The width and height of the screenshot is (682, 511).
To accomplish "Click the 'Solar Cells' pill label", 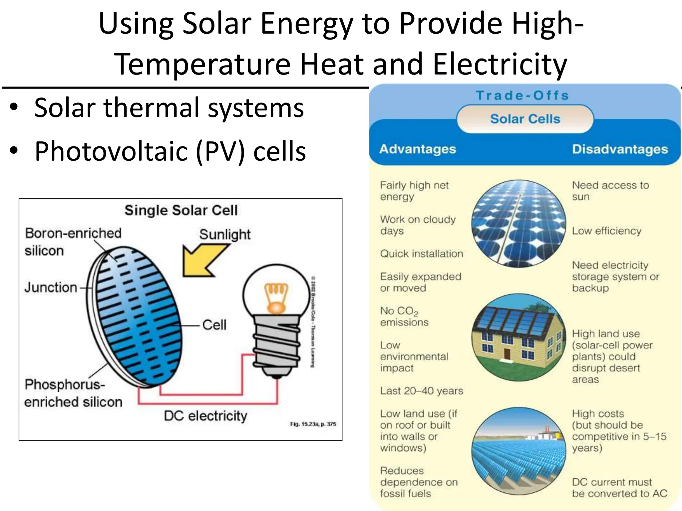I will [x=525, y=119].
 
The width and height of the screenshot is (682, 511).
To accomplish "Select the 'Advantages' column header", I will [x=418, y=149].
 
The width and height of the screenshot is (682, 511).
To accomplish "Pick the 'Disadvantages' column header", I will [x=620, y=149].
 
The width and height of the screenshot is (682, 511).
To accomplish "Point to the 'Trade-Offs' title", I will [x=522, y=95].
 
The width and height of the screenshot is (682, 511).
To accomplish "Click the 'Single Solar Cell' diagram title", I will [x=181, y=210].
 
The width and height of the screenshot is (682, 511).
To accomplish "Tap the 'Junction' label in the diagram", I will [x=51, y=287].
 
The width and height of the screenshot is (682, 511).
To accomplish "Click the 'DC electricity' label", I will [x=205, y=416].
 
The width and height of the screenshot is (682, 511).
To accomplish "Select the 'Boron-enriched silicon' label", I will [x=73, y=242].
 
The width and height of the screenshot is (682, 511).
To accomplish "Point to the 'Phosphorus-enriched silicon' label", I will [x=73, y=393].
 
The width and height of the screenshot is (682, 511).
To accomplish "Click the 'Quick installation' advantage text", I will [x=422, y=254].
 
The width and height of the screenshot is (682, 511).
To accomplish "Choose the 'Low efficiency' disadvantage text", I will [x=606, y=231].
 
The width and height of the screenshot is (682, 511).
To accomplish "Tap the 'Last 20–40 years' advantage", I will [x=422, y=391].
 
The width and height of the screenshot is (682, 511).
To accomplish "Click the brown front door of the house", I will [x=507, y=354].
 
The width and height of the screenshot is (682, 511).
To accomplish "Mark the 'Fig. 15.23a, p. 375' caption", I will [x=313, y=424].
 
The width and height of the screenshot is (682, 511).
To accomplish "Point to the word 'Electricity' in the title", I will [x=500, y=64].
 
